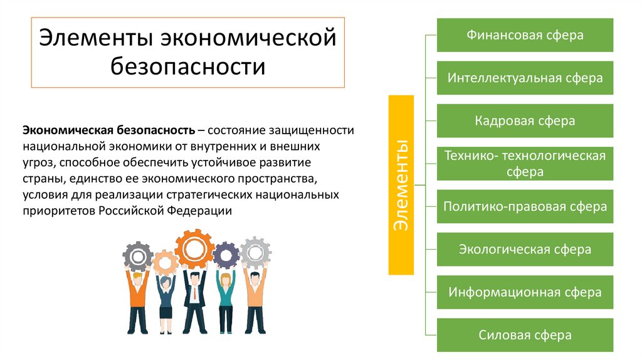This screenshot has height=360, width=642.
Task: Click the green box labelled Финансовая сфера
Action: coord(524,35)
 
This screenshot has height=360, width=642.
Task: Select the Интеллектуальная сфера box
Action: coord(524,78)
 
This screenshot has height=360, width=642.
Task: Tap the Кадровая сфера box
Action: coord(524,120)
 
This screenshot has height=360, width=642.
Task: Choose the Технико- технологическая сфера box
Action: coord(524,164)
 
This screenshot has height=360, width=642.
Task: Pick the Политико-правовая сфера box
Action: coord(524,206)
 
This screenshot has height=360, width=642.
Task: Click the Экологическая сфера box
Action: coord(524,249)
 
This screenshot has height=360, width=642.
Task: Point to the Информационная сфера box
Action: coord(524,292)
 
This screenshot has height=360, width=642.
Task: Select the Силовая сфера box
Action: coord(524,335)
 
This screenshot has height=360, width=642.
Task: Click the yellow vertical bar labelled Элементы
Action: coord(401,185)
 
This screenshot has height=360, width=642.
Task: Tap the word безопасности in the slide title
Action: coord(188,66)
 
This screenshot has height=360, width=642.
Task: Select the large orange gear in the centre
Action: coord(194,248)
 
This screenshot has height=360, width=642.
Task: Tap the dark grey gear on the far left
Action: coord(137,256)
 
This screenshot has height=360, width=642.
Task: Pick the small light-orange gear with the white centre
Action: coord(165,263)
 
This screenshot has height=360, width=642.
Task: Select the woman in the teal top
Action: coord(225,301)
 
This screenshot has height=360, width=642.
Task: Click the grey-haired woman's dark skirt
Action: coord(166,312)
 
